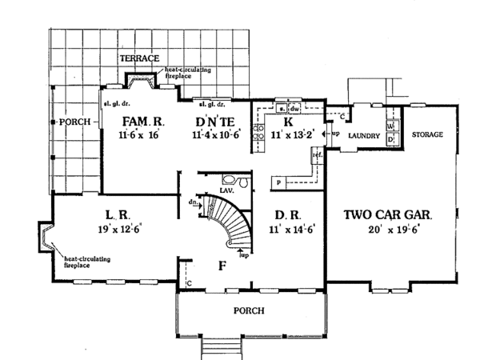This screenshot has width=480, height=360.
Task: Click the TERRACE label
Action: click(x=140, y=59)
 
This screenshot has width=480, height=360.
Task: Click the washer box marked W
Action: click(x=391, y=126)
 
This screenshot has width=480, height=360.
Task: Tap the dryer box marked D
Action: click(x=391, y=139)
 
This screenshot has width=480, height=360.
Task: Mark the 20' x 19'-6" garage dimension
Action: click(x=389, y=229)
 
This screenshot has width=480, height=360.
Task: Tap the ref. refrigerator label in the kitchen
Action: click(x=318, y=154)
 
